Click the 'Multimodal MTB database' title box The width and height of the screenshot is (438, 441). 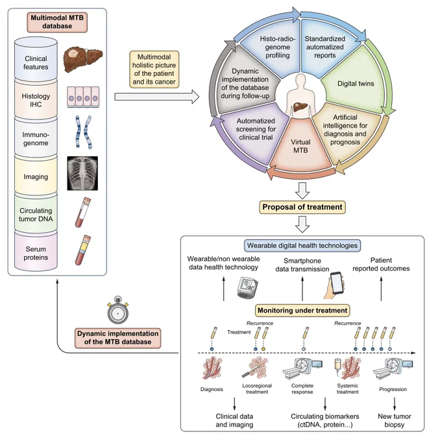point(57,22)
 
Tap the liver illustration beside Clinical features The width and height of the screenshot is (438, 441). point(83,60)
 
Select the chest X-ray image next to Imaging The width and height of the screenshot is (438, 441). point(82,173)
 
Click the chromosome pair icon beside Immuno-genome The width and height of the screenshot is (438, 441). point(84,132)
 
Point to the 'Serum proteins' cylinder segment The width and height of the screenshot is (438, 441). point(36,251)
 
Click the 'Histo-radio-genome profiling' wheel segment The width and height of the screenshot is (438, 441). point(273,49)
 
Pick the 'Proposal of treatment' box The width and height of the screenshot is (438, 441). point(302,207)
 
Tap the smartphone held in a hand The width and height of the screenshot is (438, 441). point(335,285)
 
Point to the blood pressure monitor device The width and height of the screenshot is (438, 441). point(247,287)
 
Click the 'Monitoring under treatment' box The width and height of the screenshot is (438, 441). point(302,311)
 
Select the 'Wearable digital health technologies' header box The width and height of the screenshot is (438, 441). point(302,246)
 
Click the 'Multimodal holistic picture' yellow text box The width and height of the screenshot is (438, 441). point(154,69)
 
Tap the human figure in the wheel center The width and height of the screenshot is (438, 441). point(300,95)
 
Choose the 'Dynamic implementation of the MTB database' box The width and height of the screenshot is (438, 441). point(117,338)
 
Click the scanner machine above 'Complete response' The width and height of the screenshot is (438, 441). point(302,368)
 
